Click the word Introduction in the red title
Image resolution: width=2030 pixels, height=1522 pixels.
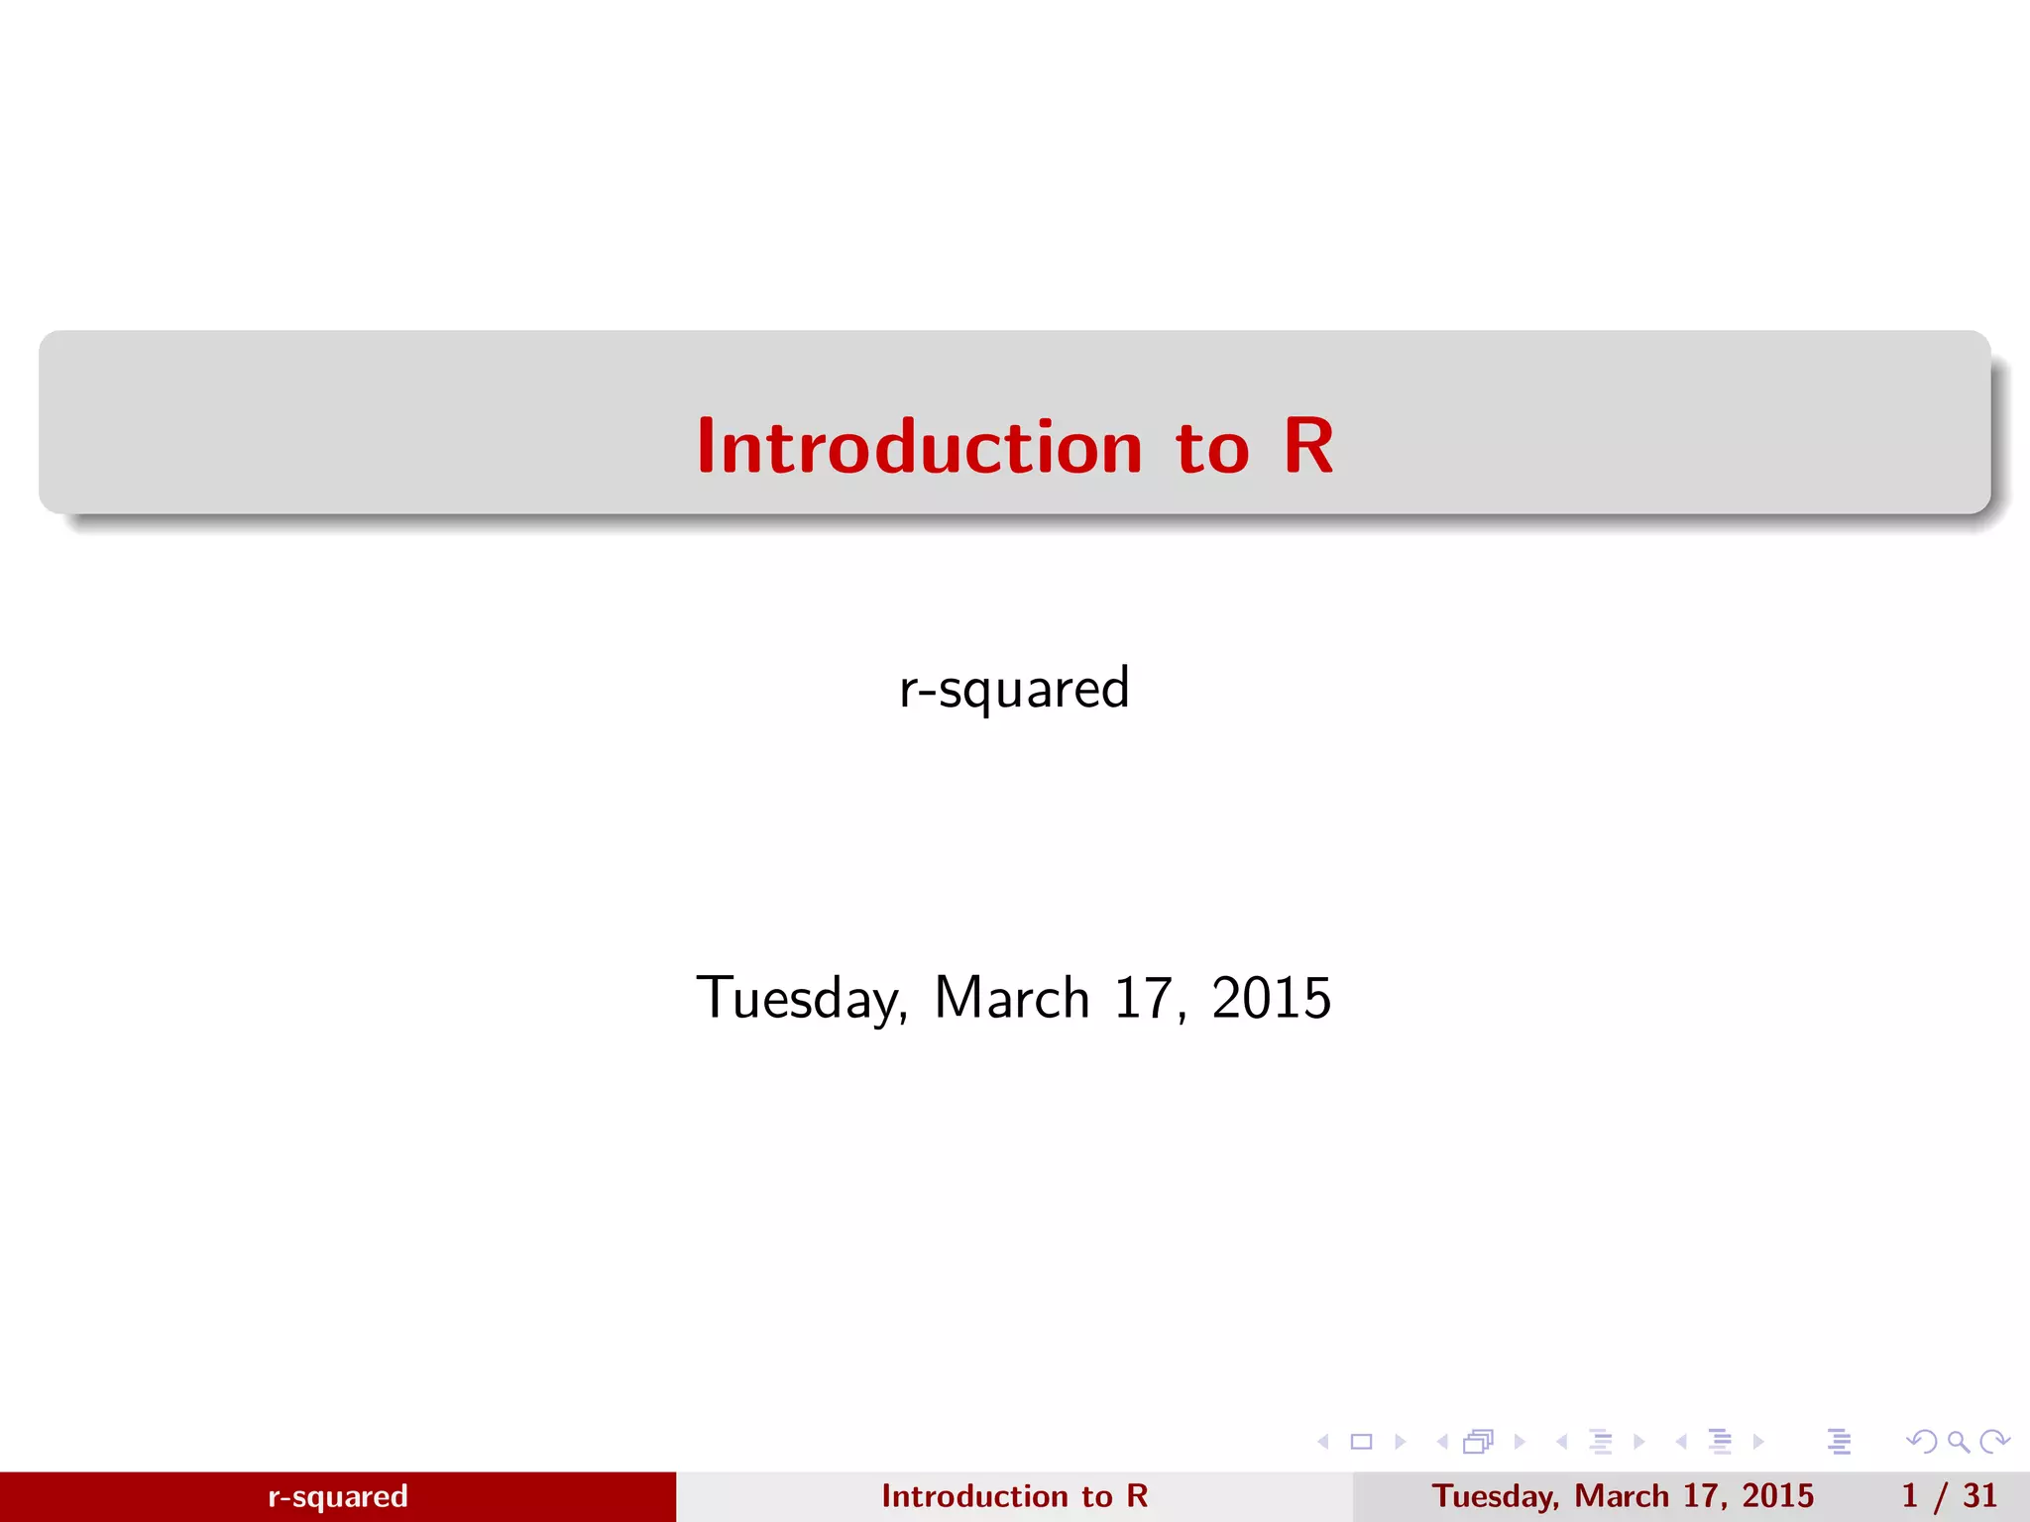pyautogui.click(x=919, y=447)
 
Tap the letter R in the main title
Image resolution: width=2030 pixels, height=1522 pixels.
pyautogui.click(x=1308, y=447)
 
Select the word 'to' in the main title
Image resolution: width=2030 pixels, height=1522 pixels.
pyautogui.click(x=1211, y=449)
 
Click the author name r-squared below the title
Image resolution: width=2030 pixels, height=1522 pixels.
pyautogui.click(x=1014, y=688)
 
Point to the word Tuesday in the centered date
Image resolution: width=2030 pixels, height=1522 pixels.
pyautogui.click(x=801, y=998)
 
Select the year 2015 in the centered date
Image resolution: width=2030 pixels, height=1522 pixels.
pyautogui.click(x=1271, y=998)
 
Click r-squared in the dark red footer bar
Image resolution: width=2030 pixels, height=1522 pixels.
pyautogui.click(x=338, y=1496)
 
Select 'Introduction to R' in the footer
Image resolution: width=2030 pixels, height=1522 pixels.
pyautogui.click(x=1014, y=1496)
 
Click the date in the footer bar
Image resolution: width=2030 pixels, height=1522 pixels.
pyautogui.click(x=1623, y=1496)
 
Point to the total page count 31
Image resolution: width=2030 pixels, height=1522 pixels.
pyautogui.click(x=1979, y=1496)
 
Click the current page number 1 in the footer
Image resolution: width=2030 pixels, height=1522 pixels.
pyautogui.click(x=1909, y=1496)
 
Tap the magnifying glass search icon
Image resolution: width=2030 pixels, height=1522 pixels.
pyautogui.click(x=1958, y=1442)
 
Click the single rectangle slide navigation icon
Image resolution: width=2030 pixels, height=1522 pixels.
pyautogui.click(x=1362, y=1442)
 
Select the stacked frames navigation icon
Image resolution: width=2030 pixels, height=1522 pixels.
pyautogui.click(x=1478, y=1442)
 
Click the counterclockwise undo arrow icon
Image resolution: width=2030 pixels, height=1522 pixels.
pyautogui.click(x=1921, y=1442)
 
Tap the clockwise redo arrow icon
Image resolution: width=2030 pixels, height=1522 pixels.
pyautogui.click(x=1994, y=1442)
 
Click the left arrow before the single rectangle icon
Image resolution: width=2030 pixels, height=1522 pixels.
pyautogui.click(x=1323, y=1442)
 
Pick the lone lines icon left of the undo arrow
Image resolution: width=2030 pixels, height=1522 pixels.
pyautogui.click(x=1840, y=1442)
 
